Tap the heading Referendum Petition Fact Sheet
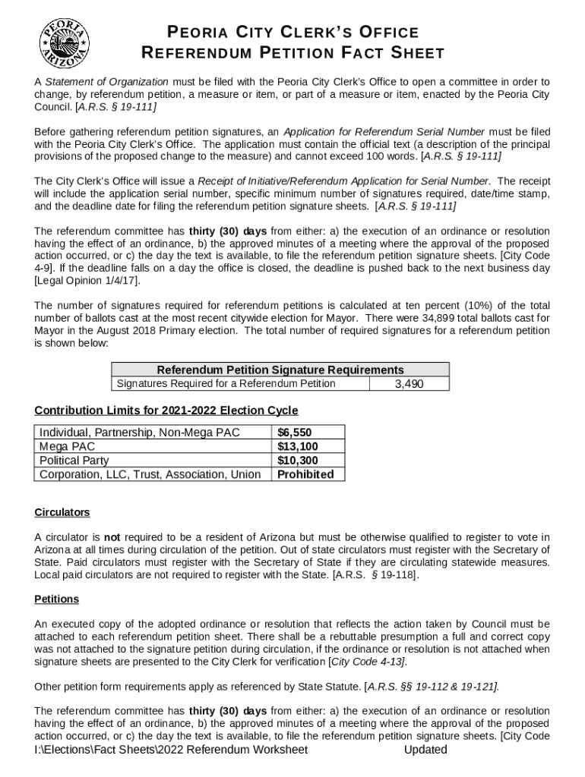coord(292,53)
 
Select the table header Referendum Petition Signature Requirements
coord(280,370)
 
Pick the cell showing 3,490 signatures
coord(409,384)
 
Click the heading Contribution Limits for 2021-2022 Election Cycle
coord(166,411)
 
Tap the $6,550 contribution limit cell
coord(294,433)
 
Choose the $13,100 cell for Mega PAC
coord(297,446)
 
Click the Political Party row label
coord(74,461)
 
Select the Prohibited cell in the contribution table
coord(305,474)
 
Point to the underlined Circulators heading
coord(62,512)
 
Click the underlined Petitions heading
coord(56,599)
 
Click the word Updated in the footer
coord(425,750)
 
